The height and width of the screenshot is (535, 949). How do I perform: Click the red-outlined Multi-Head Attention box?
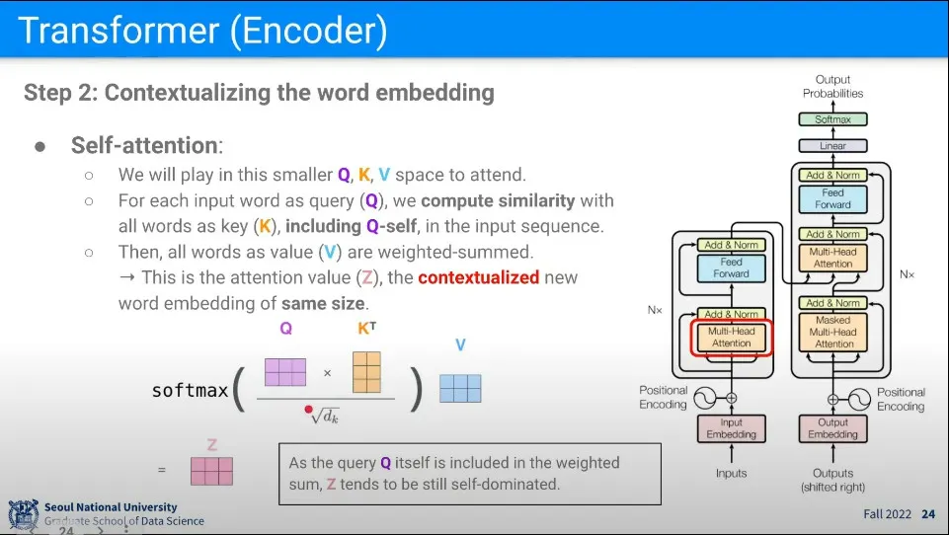731,337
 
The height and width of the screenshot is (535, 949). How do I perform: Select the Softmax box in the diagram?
832,119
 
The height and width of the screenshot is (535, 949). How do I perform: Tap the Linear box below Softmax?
832,146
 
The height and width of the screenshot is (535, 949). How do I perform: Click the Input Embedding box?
731,428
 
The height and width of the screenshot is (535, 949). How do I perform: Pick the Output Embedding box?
833,428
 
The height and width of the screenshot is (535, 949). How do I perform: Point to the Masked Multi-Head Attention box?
833,332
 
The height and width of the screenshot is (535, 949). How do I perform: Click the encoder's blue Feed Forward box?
731,267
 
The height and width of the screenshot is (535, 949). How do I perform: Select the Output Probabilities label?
832,86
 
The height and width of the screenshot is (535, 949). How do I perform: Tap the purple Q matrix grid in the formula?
285,372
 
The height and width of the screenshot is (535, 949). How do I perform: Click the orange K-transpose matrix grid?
366,372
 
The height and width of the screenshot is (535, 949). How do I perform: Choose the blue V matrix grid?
460,388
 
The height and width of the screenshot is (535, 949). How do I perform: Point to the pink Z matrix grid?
211,471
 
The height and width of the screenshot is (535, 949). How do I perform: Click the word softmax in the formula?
190,390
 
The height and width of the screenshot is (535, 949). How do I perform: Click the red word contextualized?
478,277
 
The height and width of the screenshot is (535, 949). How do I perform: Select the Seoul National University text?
111,507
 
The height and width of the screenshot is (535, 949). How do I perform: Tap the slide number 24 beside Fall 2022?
927,514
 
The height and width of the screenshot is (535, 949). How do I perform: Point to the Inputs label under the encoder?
731,474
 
